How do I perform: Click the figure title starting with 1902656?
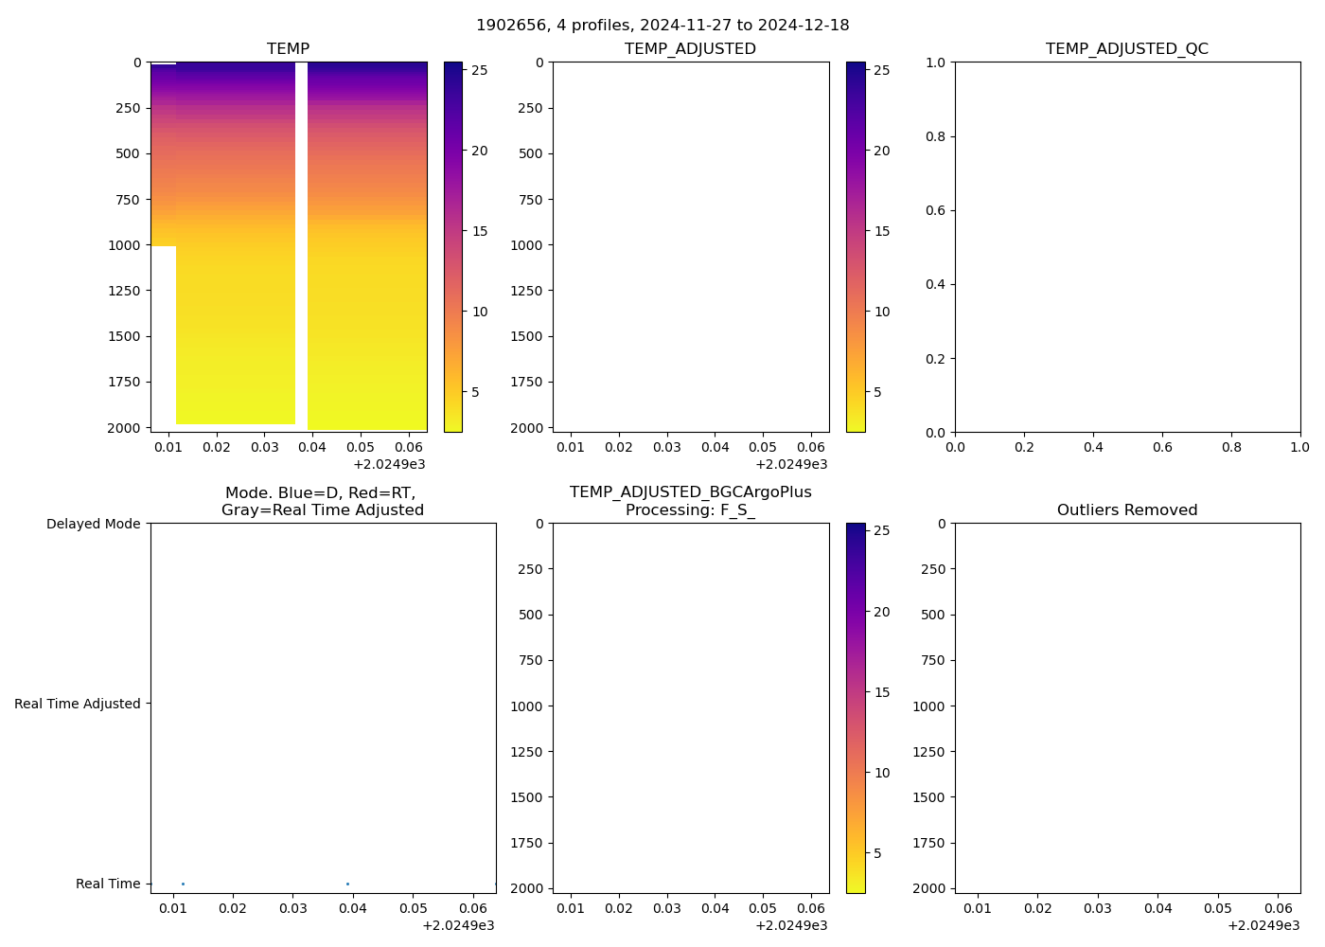point(662,26)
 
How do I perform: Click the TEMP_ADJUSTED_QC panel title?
point(1126,49)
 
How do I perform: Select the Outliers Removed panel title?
point(1126,510)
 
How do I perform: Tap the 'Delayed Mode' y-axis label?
point(93,524)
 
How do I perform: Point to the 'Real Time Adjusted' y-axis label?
point(78,704)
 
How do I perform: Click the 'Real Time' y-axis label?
point(108,884)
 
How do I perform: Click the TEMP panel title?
point(288,49)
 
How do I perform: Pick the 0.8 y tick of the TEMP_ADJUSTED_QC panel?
point(934,136)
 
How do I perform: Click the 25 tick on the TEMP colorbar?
point(480,70)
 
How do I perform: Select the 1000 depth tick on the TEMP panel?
point(124,245)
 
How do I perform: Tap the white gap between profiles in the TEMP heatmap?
point(301,237)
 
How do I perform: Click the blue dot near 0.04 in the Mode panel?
point(347,884)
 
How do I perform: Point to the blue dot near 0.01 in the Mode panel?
point(183,884)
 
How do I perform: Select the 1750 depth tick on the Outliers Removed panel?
point(928,843)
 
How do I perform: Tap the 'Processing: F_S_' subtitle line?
point(690,510)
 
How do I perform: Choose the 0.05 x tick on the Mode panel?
point(413,908)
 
